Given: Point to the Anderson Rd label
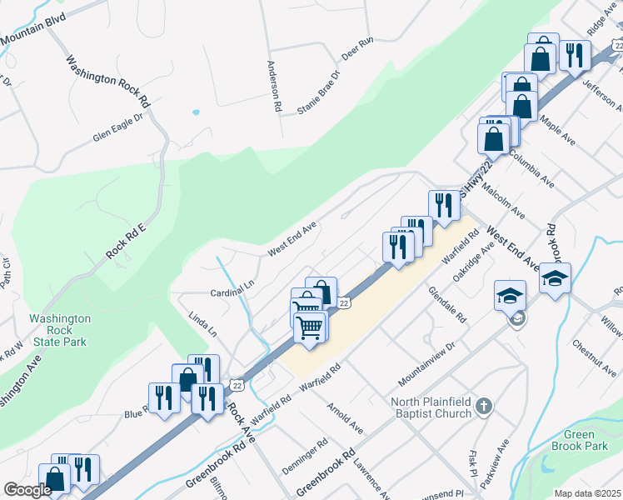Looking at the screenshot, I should pos(275,86).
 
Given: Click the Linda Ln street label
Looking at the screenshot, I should pos(202,324).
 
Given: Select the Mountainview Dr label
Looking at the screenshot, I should pos(427,357).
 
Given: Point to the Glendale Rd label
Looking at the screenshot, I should pos(447,305).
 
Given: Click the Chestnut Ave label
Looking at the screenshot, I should pos(594,357).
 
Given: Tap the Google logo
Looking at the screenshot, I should pos(27,490).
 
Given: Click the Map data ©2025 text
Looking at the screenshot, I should pos(587,493).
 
